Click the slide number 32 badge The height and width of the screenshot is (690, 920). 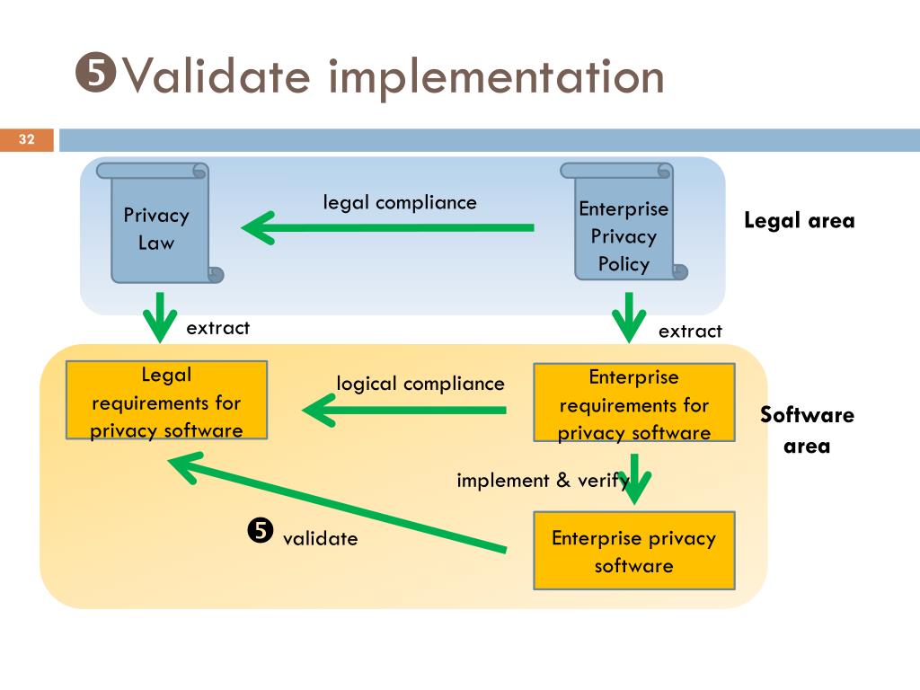coord(27,139)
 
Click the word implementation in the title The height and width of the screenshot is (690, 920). coord(496,77)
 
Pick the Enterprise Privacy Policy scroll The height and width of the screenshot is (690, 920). coord(624,221)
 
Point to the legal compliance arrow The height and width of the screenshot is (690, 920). coord(388,227)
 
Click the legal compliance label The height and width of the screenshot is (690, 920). coord(400,202)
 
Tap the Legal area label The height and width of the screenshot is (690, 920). coord(799,221)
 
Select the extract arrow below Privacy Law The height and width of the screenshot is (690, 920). coord(160,317)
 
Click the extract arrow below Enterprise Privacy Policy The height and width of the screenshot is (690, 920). coord(629,317)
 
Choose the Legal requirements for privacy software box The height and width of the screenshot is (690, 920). coord(166,400)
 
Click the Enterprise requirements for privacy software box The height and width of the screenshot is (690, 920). coord(634,402)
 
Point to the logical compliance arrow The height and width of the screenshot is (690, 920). coord(404,410)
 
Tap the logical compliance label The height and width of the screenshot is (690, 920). coord(420,384)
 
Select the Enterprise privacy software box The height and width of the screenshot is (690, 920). coord(634,551)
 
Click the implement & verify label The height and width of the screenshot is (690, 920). coord(543,481)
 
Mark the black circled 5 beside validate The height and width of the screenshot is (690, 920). coord(261,531)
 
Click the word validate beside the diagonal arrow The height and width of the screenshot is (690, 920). coord(321,539)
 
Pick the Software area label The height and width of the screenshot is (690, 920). coord(808,430)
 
